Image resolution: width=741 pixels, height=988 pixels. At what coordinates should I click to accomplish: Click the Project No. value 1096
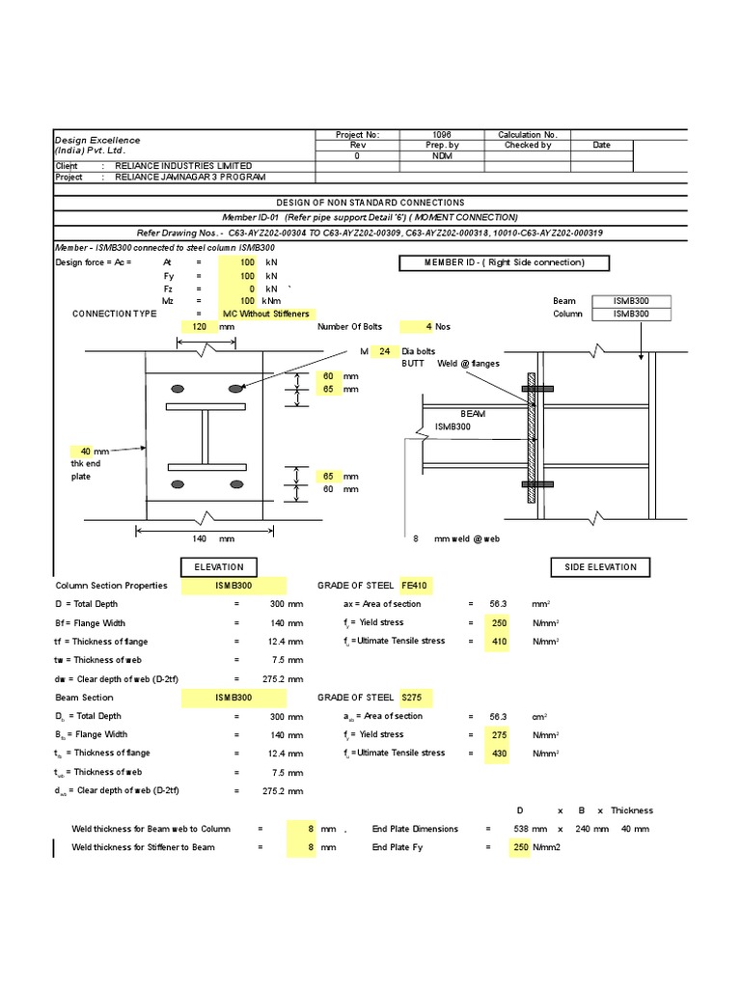442,135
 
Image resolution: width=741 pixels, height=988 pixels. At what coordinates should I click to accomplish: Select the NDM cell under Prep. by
442,155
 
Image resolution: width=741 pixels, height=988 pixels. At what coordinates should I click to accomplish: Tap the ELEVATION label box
220,567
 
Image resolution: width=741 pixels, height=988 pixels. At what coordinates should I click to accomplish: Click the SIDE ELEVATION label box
600,567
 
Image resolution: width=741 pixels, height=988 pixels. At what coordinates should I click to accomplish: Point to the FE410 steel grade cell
414,586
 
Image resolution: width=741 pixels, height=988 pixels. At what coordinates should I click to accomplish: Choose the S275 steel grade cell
412,698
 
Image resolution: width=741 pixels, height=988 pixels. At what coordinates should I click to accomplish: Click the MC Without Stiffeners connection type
265,314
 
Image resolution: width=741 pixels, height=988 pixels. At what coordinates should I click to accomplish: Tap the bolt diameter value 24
383,351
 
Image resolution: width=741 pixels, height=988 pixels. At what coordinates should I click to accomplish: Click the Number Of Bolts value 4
416,326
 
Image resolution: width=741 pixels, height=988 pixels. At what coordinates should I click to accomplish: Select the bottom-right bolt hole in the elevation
234,484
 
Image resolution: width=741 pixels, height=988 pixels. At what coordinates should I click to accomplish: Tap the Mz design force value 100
247,301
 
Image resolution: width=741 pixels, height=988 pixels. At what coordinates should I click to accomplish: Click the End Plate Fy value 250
519,847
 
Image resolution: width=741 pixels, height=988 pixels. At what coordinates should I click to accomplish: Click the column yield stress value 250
496,623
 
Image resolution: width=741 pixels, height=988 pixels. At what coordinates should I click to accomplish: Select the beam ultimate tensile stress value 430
496,754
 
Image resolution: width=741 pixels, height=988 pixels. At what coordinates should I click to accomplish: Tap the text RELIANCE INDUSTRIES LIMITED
183,166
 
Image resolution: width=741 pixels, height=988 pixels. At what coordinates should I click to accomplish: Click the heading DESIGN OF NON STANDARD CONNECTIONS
370,203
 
